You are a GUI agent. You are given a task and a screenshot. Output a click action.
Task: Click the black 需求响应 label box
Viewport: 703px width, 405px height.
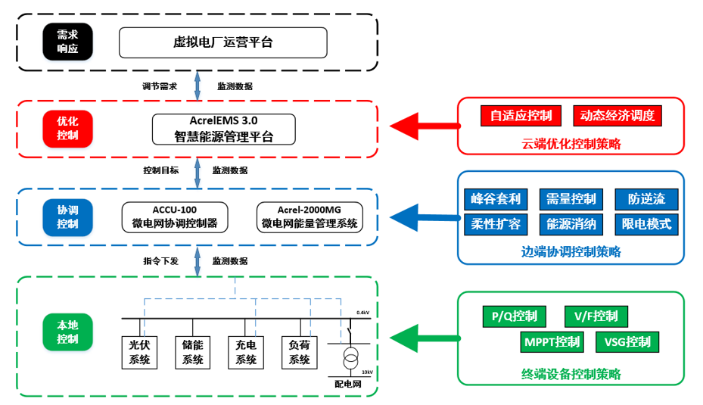click(67, 42)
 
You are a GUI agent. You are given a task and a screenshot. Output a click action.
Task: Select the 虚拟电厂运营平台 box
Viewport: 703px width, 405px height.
click(222, 42)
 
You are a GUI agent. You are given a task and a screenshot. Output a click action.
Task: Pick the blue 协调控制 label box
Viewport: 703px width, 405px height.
click(67, 217)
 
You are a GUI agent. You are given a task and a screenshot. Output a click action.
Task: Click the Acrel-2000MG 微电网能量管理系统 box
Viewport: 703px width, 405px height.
click(310, 217)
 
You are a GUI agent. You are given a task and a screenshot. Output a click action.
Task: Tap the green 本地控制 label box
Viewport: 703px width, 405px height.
click(67, 332)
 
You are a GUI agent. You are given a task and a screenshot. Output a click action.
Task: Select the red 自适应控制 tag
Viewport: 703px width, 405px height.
click(521, 116)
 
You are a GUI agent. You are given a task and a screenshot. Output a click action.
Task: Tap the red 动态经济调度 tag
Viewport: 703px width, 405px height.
click(617, 116)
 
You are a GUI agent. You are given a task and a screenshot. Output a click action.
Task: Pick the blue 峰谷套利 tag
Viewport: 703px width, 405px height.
click(496, 199)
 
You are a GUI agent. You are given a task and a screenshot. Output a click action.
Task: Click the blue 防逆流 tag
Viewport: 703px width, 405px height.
click(646, 199)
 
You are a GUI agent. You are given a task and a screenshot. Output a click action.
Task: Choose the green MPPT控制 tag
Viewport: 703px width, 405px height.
click(552, 342)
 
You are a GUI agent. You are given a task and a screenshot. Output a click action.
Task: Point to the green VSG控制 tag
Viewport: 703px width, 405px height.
click(627, 342)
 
